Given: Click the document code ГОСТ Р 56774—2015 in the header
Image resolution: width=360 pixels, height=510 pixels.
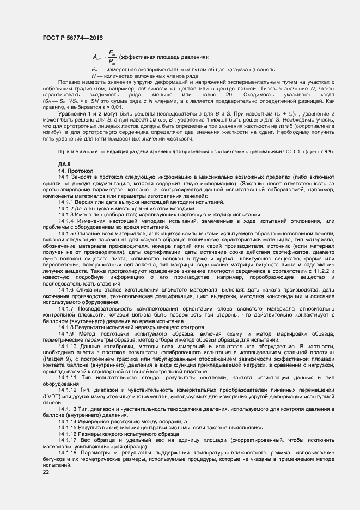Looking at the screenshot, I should tap(72, 38).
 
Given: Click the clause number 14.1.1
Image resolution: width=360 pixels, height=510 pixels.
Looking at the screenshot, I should tap(67, 202).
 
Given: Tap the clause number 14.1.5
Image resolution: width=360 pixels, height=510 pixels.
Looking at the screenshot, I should tap(67, 233).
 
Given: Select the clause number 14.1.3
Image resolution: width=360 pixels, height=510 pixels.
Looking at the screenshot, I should tap(67, 215).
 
